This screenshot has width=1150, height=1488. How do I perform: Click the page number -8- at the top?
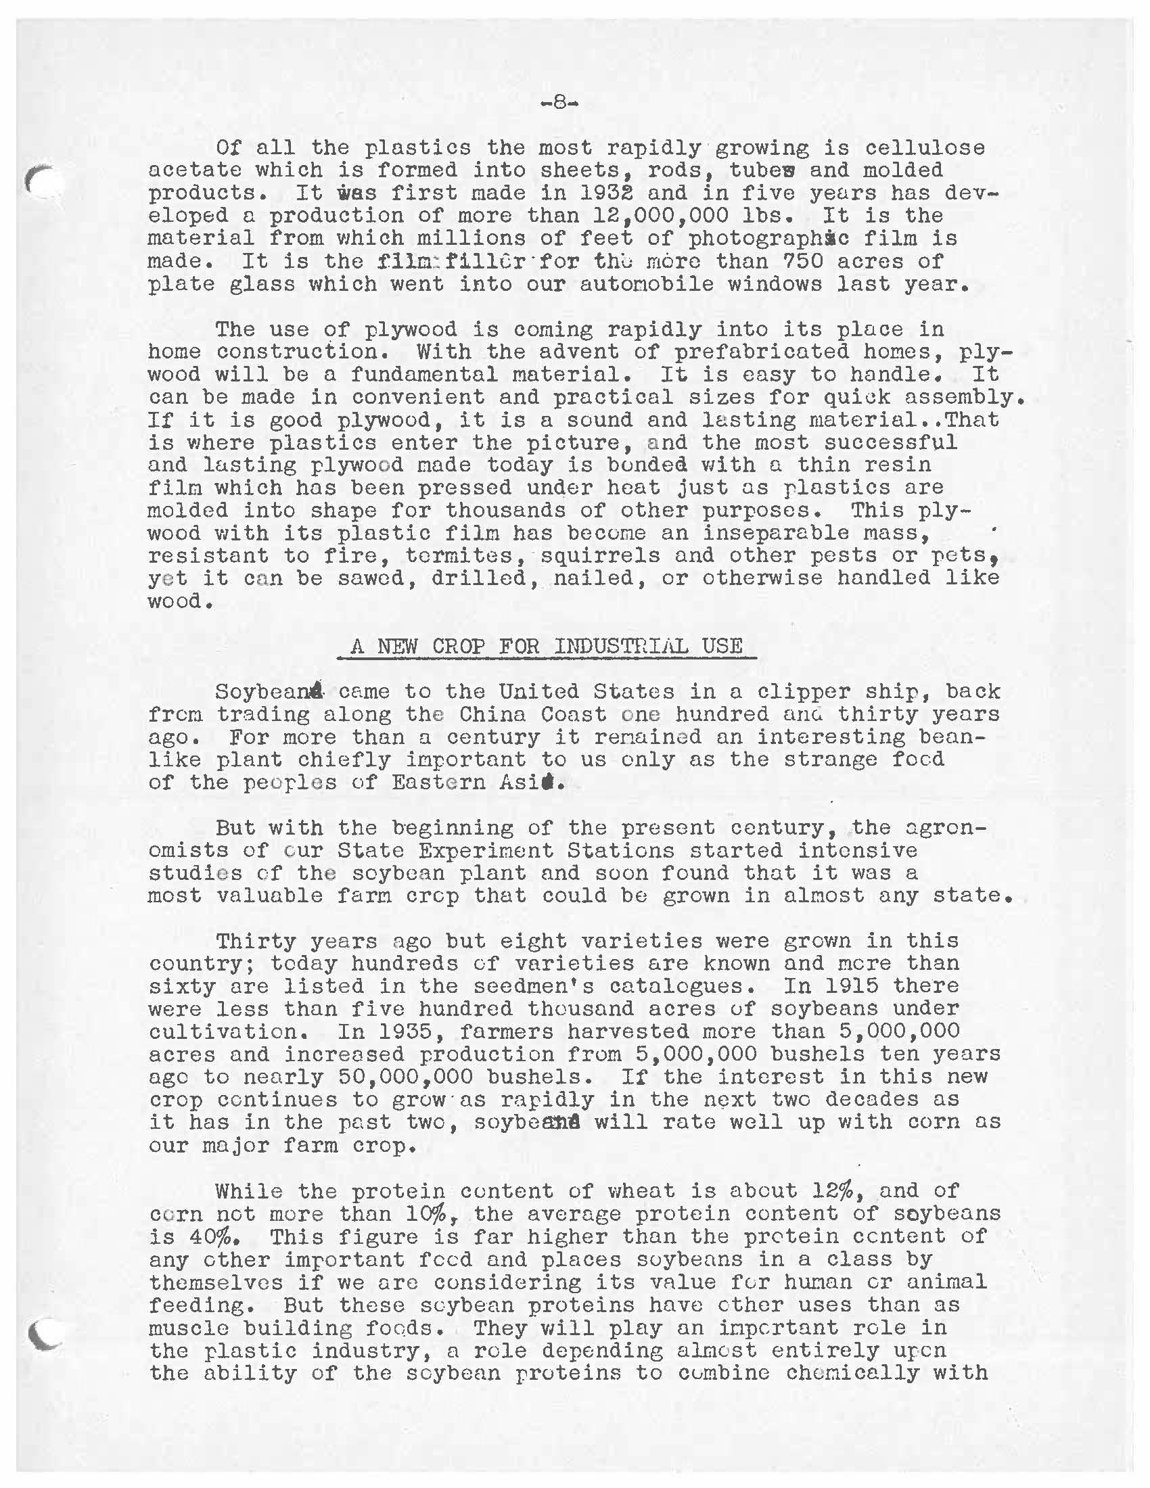(558, 104)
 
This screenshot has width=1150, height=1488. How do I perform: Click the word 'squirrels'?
(600, 555)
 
